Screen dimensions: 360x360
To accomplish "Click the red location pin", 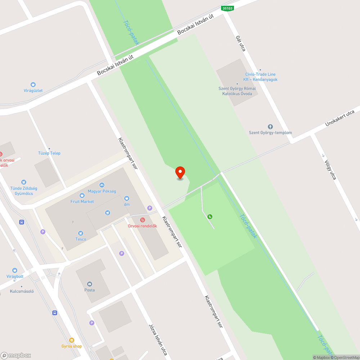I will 180,173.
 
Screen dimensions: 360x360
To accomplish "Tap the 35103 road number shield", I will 228,8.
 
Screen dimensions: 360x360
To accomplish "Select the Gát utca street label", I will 240,43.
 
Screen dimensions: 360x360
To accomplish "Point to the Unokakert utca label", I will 339,118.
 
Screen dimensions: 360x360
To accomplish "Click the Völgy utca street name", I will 330,170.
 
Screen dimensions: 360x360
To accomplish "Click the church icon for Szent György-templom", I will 270,127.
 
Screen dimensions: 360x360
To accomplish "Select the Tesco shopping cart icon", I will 80,233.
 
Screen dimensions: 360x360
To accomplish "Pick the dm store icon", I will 127,198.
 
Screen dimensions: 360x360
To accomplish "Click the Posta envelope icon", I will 90,284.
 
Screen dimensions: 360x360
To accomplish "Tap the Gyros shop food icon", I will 72,340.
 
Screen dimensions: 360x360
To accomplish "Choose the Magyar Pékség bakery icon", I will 102,185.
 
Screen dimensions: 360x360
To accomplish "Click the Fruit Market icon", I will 82,195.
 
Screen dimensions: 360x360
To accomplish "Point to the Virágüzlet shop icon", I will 33,85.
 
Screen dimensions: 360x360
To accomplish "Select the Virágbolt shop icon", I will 15,270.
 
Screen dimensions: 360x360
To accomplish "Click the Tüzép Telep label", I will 49,153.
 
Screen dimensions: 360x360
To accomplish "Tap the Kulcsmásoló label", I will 22,291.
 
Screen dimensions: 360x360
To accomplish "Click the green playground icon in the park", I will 210,216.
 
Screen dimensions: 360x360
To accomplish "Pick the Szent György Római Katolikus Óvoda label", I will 237,91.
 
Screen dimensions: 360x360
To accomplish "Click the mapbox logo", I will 16,355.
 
